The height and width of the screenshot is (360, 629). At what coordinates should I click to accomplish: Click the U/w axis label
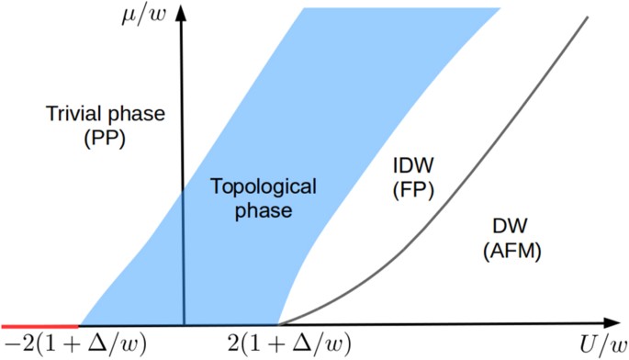point(601,345)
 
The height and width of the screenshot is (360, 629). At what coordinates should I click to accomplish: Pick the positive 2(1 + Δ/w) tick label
point(289,345)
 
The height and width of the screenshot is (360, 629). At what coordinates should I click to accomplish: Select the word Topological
point(264,186)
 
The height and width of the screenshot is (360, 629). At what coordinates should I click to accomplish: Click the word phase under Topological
point(264,211)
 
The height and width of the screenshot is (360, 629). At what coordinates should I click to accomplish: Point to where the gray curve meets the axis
point(279,324)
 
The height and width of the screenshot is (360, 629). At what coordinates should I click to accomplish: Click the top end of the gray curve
point(586,17)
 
